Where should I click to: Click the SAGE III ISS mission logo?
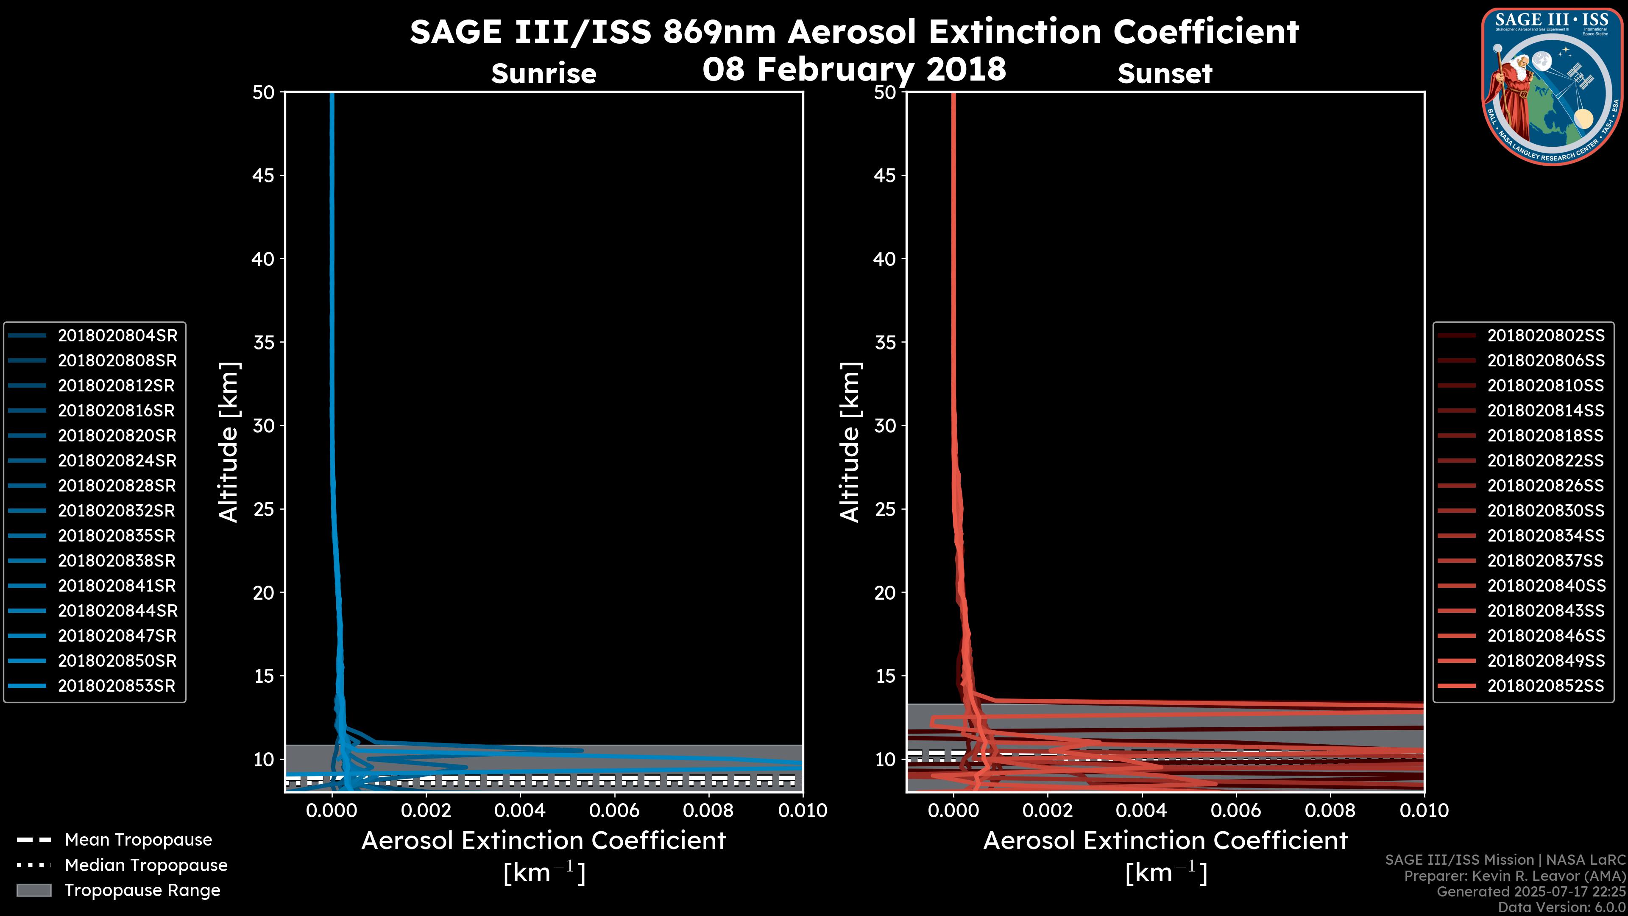point(1552,87)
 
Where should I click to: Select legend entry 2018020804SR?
point(117,336)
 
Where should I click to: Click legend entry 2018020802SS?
point(1546,336)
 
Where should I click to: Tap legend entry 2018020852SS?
point(1546,686)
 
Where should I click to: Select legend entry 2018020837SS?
point(1546,561)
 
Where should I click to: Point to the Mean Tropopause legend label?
point(138,840)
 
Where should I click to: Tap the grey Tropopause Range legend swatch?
point(33,890)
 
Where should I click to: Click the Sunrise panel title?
point(544,73)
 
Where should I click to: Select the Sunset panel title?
point(1165,73)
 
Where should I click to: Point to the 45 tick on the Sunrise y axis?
point(264,176)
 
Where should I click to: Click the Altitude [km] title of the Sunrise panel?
point(229,442)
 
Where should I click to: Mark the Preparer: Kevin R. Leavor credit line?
point(1515,876)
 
